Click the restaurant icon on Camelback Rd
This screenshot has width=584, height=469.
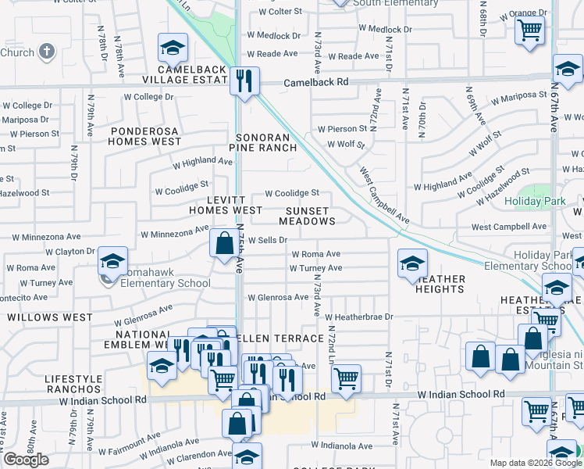(245, 81)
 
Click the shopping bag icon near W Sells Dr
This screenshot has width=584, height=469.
(224, 243)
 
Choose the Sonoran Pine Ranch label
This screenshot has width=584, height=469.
(264, 141)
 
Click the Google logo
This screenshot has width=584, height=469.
(26, 460)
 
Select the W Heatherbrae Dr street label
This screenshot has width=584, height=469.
(359, 317)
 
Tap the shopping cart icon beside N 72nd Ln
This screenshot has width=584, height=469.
(346, 379)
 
